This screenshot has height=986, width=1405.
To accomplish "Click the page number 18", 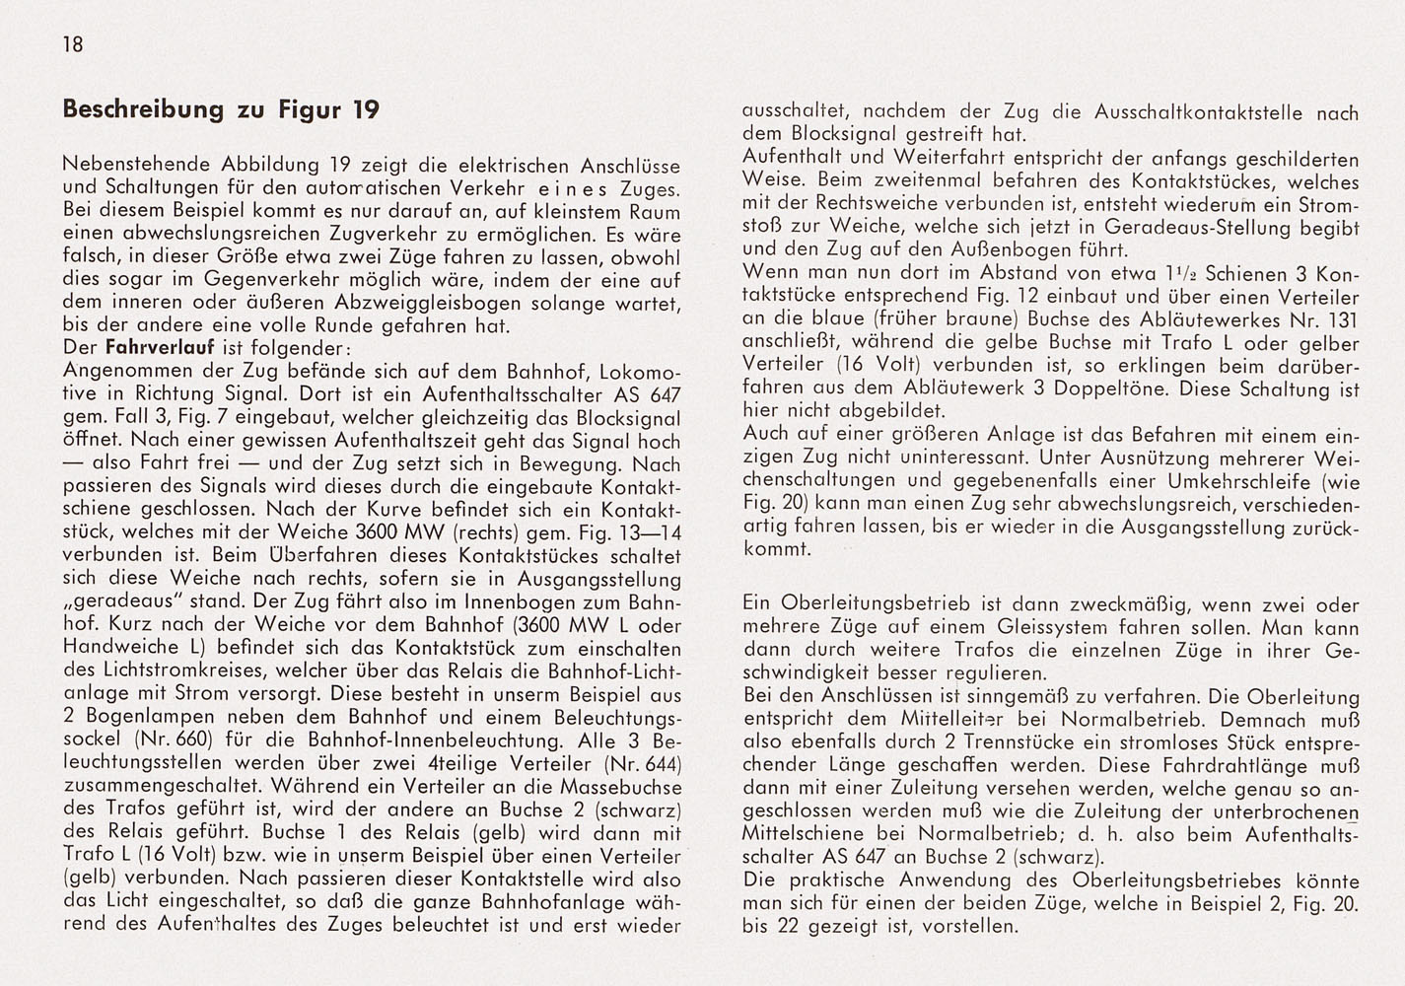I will pos(72,44).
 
